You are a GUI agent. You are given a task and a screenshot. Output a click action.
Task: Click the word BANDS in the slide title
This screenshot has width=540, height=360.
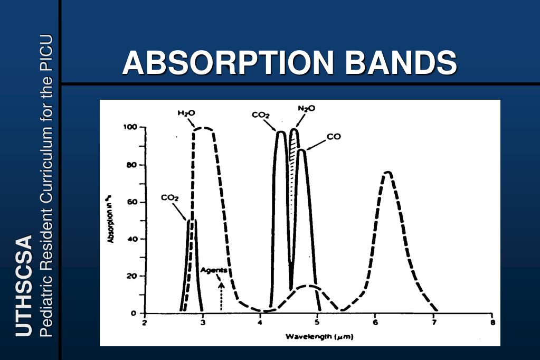point(401,63)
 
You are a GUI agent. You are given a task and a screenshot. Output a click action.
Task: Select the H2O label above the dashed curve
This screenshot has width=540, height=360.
point(186,113)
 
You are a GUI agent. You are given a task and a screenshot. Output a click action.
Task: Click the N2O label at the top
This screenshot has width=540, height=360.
point(306,108)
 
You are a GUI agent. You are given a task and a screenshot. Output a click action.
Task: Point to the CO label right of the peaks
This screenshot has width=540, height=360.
point(334,136)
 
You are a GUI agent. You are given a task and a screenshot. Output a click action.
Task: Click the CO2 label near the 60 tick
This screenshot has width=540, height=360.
point(170,197)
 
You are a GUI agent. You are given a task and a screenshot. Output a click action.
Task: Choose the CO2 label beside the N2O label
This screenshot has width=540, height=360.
point(261,115)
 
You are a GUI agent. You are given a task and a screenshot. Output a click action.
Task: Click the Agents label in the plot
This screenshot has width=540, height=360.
point(214,270)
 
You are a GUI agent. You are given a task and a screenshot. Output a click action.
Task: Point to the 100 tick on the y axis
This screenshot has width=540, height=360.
point(130,127)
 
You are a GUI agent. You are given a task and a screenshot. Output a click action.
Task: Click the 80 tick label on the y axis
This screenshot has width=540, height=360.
point(132,165)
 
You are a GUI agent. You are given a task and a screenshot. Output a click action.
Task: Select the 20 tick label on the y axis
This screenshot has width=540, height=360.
point(132,276)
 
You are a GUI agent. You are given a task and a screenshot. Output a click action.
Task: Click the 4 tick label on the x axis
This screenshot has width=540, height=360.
point(260,323)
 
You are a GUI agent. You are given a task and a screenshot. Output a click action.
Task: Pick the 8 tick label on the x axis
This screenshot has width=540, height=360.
point(492,323)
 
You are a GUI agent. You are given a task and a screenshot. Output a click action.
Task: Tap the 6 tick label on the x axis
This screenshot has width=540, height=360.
point(375,323)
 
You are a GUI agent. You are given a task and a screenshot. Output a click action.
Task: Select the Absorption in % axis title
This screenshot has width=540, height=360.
point(111,219)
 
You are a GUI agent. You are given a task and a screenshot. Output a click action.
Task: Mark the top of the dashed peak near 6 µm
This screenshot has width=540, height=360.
point(388,172)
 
